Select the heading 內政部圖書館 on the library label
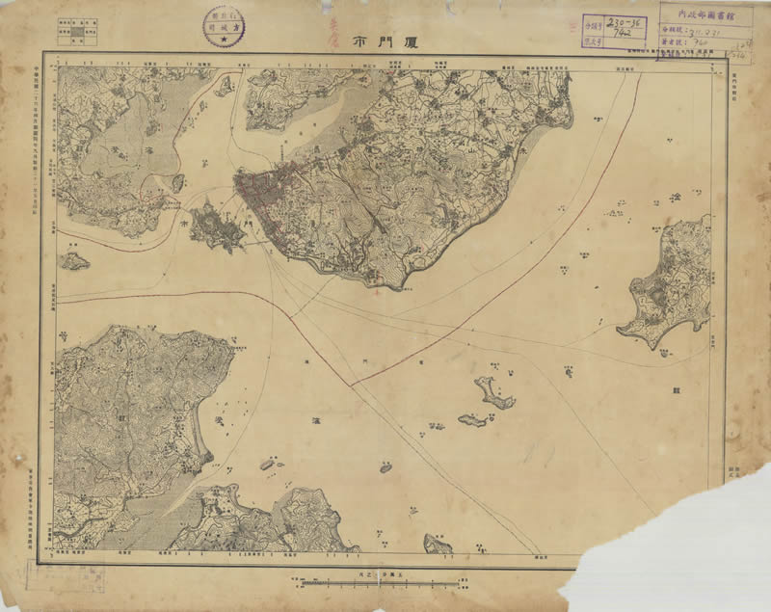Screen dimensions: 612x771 pyautogui.click(x=706, y=15)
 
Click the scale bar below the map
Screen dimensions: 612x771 pyautogui.click(x=383, y=582)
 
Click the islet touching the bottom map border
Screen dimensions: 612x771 pyautogui.click(x=439, y=545)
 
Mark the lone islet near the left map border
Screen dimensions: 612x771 pyautogui.click(x=74, y=260)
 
